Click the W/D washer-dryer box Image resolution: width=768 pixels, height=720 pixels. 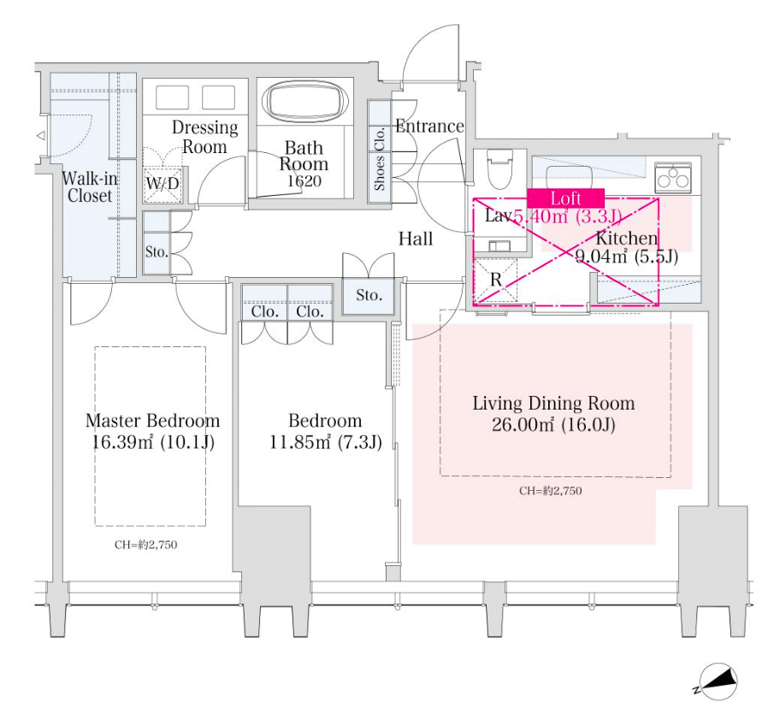pos(162,183)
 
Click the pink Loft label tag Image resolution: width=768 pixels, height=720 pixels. pos(565,198)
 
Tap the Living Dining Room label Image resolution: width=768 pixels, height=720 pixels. pos(553,404)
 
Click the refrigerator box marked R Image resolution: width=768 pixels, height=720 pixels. pos(495,279)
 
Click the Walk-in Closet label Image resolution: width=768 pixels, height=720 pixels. pos(89,187)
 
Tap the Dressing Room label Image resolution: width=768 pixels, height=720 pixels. pos(204,137)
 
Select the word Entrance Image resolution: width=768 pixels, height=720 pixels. pos(429,127)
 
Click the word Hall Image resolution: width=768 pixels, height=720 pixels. pos(416,239)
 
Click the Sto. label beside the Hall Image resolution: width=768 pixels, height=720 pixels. pos(369,296)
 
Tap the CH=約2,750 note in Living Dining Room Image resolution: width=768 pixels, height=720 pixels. pos(551,491)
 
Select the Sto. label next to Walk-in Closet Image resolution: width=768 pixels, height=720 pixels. pos(156,252)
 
